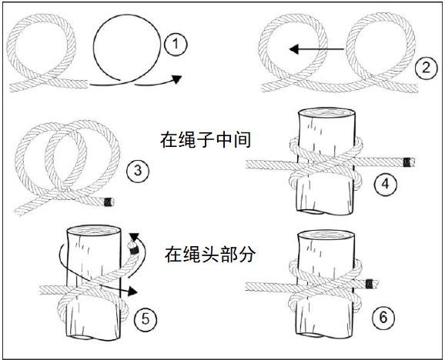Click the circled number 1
pos(176,45)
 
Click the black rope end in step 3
pos(109,204)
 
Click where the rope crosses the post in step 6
pos(324,287)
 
